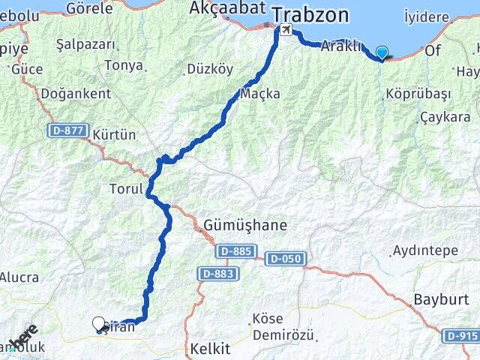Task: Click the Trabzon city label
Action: [x=310, y=14]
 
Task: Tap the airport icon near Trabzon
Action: [x=285, y=31]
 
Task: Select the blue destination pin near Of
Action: [x=382, y=53]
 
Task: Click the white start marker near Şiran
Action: [x=99, y=324]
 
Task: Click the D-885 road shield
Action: [x=236, y=251]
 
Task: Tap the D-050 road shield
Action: [x=284, y=259]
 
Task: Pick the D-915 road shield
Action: [x=460, y=335]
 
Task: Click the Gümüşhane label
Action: [x=245, y=224]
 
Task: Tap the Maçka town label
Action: [x=260, y=94]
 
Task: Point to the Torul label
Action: [x=125, y=189]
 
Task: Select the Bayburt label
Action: [x=436, y=300]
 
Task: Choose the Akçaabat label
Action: [x=217, y=9]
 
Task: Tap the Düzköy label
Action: [x=209, y=69]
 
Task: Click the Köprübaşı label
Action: [x=418, y=94]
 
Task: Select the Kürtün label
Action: [x=115, y=135]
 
